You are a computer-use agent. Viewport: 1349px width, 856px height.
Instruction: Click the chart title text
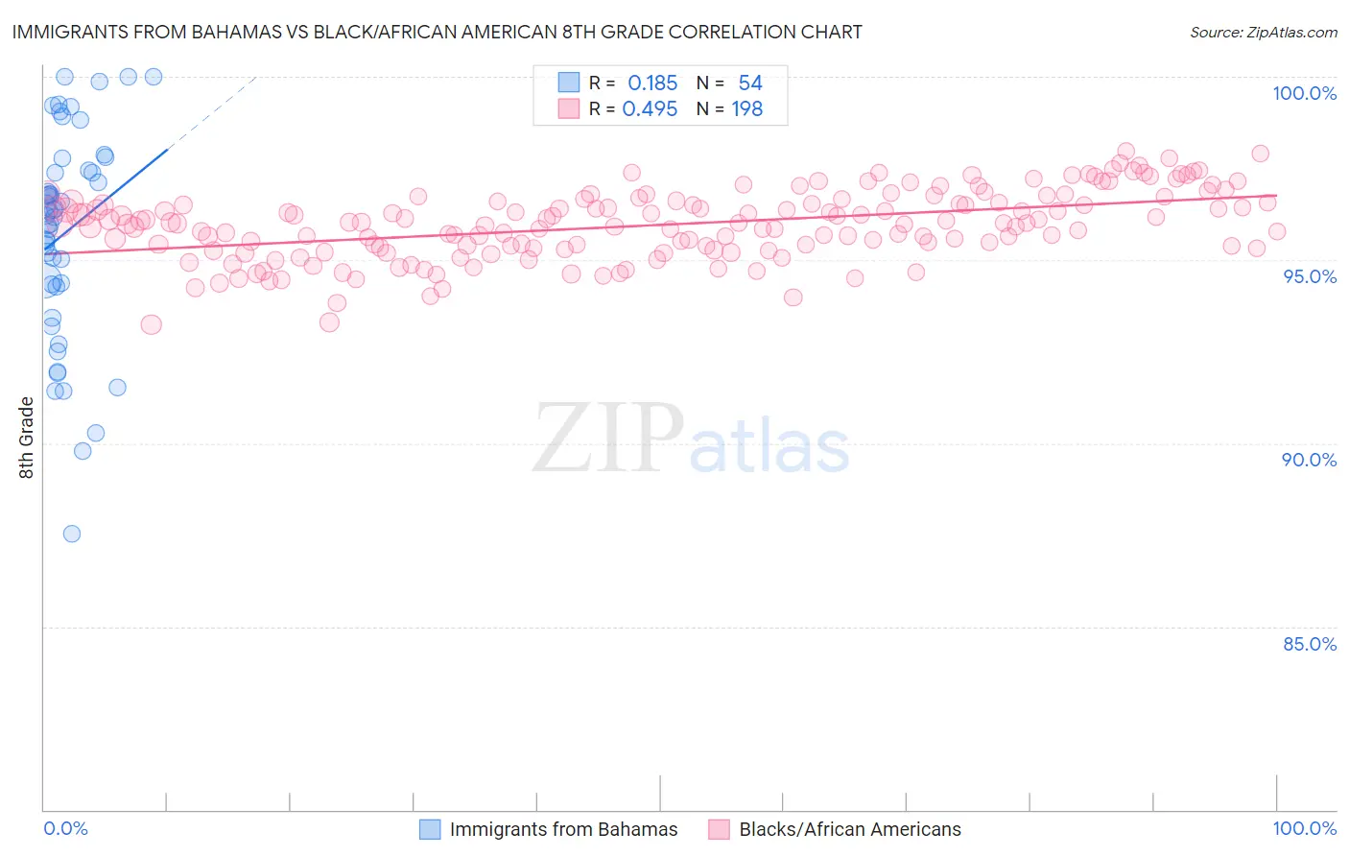point(437,32)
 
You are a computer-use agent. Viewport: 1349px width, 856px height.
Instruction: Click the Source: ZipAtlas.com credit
point(1263,33)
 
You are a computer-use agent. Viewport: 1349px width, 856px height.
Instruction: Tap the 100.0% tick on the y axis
point(1304,93)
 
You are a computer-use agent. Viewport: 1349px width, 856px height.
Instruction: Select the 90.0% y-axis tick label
point(1309,460)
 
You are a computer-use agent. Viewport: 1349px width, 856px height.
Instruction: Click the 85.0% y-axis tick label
point(1310,644)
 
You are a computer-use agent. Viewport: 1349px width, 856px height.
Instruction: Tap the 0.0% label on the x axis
point(65,828)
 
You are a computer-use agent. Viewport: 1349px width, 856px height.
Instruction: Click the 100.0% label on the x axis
point(1304,828)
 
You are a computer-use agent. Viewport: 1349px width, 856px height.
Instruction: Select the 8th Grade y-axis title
point(27,438)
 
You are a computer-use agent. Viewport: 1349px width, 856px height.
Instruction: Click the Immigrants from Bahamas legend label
point(563,829)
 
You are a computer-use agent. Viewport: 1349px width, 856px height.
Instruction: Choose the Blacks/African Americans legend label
point(850,829)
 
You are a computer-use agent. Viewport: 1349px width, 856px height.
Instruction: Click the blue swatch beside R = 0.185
point(569,83)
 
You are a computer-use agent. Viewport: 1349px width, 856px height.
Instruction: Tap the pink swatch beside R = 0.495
point(569,108)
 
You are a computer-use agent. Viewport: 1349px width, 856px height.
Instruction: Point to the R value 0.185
point(652,83)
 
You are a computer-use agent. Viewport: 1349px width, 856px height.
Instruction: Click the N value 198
point(747,108)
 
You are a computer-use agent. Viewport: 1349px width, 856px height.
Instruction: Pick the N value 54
point(750,83)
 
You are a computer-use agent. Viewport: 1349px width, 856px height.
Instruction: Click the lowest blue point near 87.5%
point(72,534)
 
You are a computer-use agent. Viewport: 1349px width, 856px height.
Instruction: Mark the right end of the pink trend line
point(1275,195)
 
